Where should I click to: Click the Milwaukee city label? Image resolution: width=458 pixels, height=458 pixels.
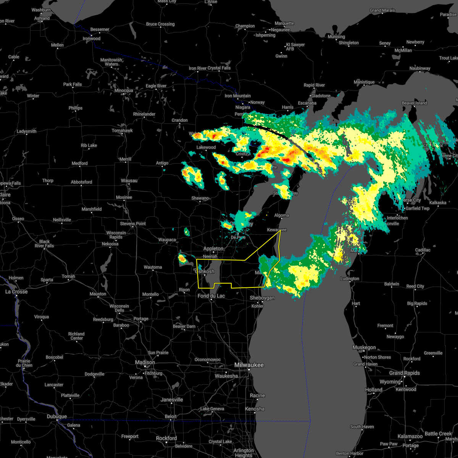249,365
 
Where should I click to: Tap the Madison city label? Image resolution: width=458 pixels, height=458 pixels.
145,362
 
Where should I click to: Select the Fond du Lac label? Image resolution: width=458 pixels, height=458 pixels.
211,296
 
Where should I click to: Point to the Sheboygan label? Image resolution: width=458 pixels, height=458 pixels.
262,298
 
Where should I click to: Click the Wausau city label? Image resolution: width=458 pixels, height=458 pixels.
129,181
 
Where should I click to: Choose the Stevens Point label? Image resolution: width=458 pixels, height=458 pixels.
133,224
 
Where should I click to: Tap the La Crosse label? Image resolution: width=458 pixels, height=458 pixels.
16,292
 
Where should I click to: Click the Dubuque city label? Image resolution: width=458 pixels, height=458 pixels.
56,417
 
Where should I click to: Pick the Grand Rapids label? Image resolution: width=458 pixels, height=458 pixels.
405,373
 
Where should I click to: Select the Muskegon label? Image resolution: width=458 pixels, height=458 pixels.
364,347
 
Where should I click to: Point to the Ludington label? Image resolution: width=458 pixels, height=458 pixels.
350,279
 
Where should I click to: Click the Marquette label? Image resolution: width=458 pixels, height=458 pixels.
284,24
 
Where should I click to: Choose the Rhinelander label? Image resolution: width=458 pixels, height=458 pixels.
144,114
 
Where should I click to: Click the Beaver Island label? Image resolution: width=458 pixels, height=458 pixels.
414,103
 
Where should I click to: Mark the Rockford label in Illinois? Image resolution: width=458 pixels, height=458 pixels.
166,438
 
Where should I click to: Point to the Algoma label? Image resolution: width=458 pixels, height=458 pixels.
282,216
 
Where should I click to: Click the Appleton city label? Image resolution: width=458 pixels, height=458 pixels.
213,248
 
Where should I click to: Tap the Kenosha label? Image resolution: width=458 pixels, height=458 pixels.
255,409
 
